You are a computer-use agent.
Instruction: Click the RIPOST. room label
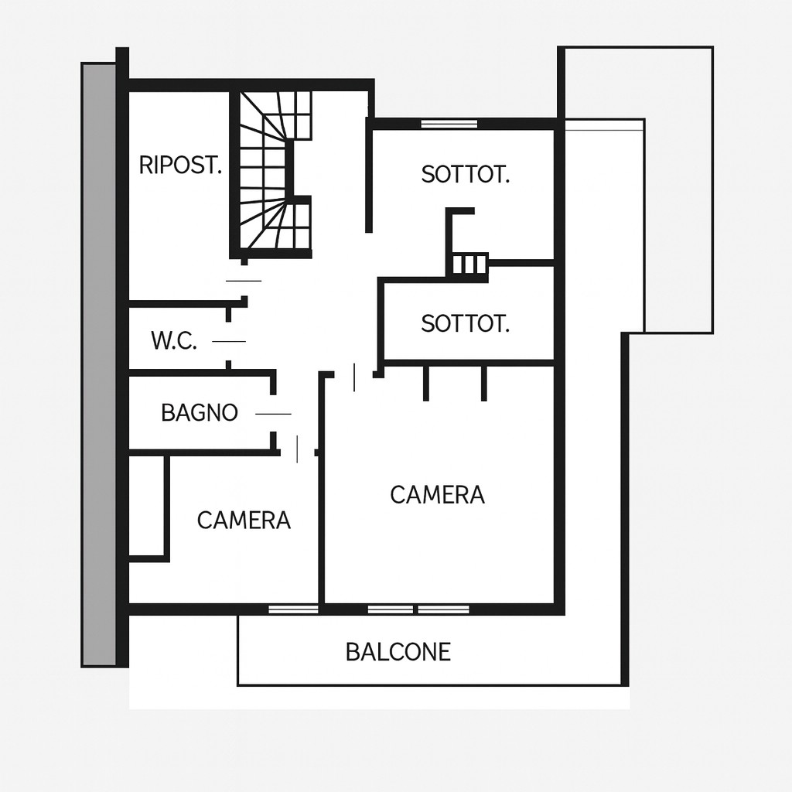coord(180,166)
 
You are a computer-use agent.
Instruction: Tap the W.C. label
coord(174,341)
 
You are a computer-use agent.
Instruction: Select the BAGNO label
coord(200,413)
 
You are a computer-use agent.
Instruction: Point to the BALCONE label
coord(398,652)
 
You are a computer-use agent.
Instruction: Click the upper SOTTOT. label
coord(465,174)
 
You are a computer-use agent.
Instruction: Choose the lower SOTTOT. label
coord(465,323)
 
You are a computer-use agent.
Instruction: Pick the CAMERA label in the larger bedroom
coord(438,494)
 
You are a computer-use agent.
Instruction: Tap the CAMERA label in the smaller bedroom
coord(244,521)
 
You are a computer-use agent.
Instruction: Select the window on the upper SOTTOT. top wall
coord(449,123)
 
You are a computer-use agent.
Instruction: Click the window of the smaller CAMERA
coord(293,609)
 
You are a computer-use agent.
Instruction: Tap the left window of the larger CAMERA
coord(391,609)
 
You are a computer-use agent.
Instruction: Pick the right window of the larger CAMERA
coord(444,609)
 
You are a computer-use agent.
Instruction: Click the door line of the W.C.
coord(229,341)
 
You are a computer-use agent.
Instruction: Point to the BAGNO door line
coord(273,415)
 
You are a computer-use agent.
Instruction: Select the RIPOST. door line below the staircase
coord(244,281)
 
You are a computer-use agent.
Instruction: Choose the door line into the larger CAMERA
coord(354,377)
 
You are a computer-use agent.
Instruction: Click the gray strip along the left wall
coord(98,365)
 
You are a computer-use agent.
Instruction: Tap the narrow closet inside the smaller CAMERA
coord(146,506)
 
